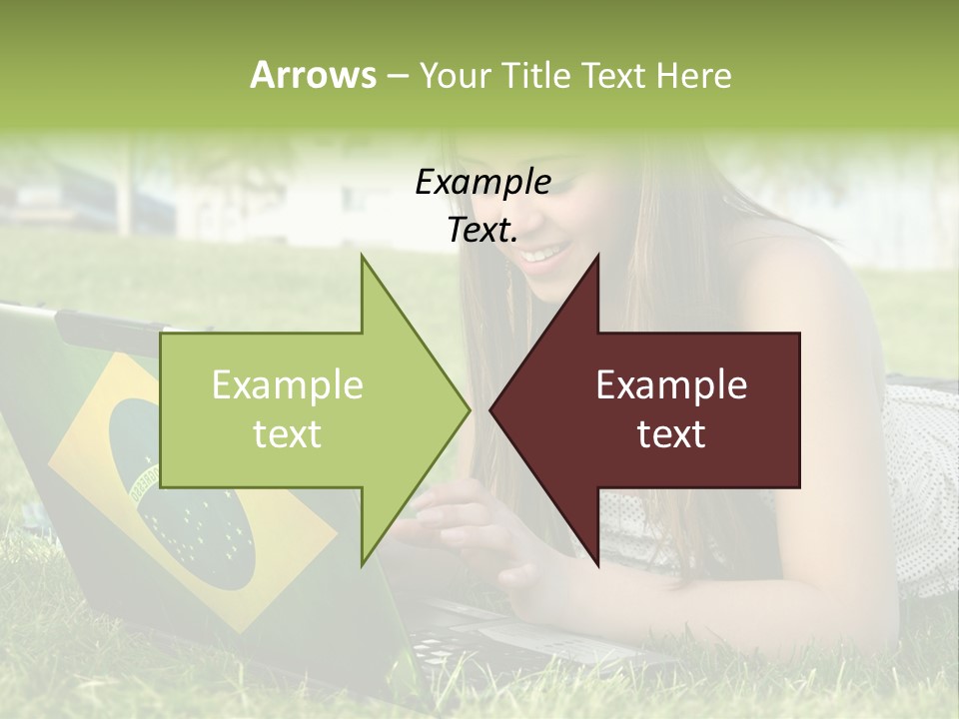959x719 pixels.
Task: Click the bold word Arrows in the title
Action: coord(313,75)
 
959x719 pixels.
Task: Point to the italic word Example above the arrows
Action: coord(482,183)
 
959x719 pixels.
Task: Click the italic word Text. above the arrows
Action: coord(482,230)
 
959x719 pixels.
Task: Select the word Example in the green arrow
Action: coord(288,385)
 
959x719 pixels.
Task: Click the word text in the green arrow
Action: coord(288,434)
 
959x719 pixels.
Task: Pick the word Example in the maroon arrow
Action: coord(671,385)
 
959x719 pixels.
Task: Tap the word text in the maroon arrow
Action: coord(671,434)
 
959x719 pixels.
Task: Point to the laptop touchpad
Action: coord(519,634)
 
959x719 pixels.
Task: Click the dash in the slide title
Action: coord(397,76)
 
